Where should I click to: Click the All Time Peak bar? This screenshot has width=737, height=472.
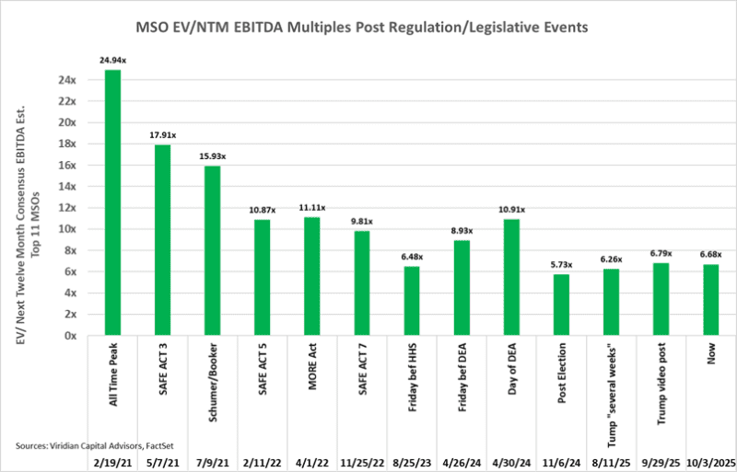pos(113,202)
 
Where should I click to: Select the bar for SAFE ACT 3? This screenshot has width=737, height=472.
pos(163,240)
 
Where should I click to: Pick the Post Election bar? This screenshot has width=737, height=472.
pos(562,305)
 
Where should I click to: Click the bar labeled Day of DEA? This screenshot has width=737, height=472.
pos(512,277)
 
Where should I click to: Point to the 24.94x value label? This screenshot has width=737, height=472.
pos(113,60)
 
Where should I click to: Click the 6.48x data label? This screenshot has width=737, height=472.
pos(413,257)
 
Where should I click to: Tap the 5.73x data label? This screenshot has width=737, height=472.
pos(562,265)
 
